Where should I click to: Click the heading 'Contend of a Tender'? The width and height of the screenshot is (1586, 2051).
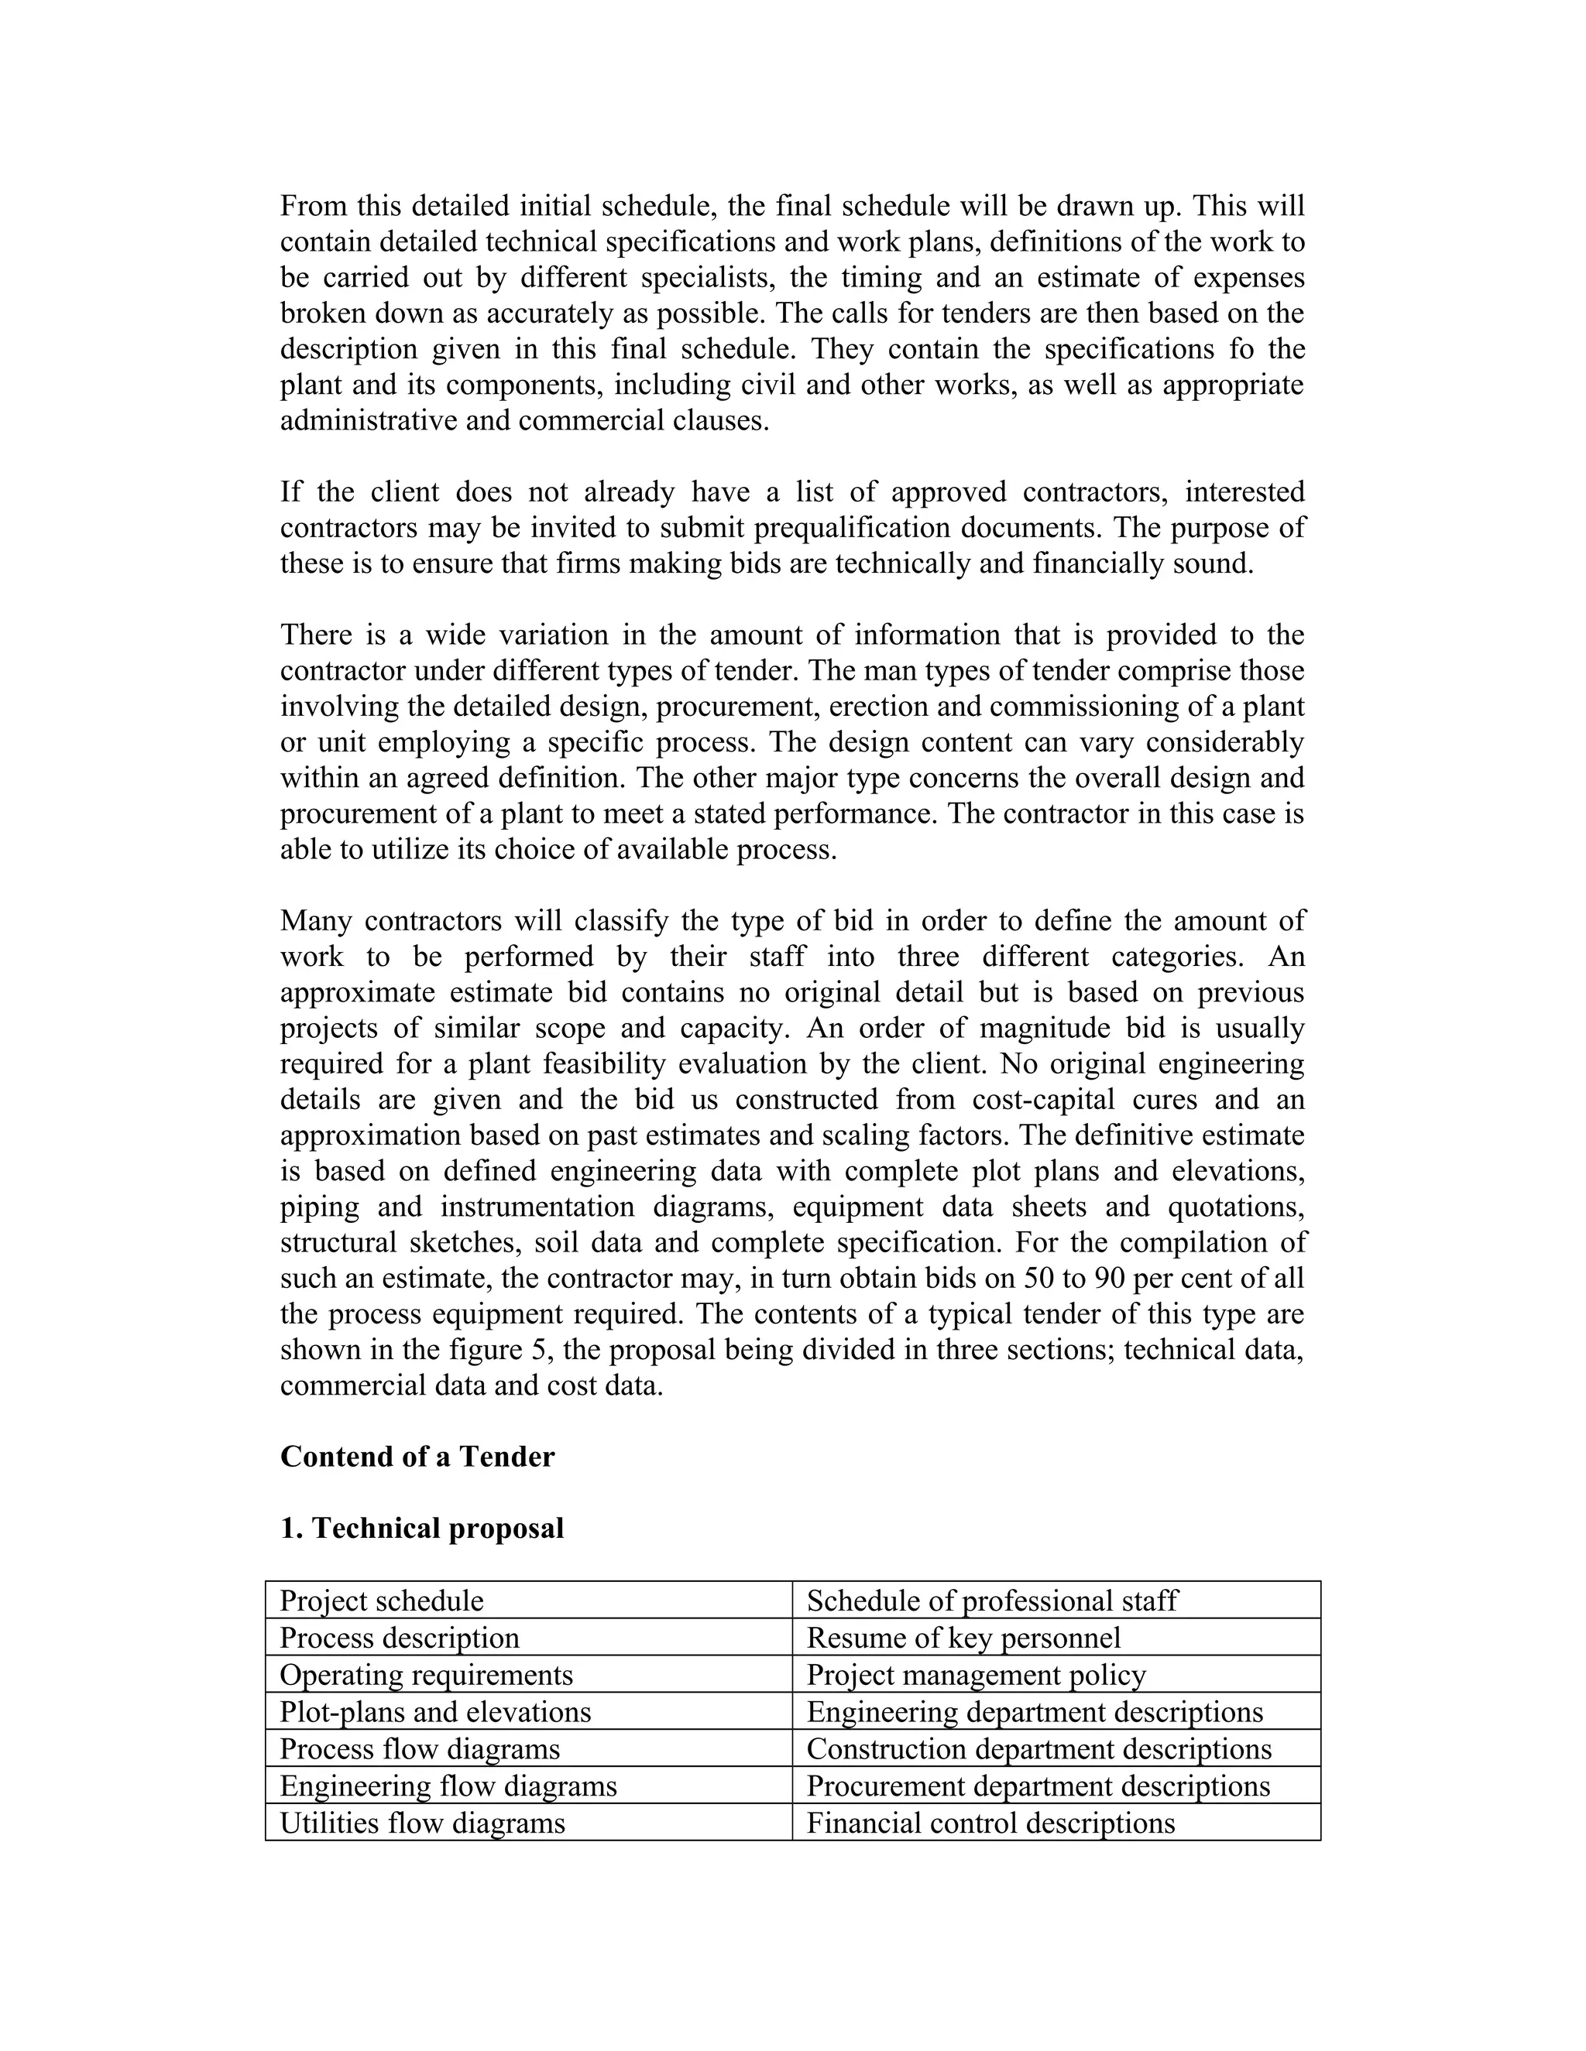click(x=417, y=1457)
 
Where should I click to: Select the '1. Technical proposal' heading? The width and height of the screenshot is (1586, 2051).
click(x=422, y=1528)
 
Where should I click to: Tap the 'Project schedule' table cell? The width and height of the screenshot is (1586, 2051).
click(x=382, y=1601)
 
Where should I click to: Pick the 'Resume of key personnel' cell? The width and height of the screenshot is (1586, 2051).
click(x=963, y=1638)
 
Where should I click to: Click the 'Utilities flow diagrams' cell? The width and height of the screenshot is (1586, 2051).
click(x=422, y=1823)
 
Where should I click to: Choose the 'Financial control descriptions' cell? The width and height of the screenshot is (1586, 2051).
click(x=990, y=1823)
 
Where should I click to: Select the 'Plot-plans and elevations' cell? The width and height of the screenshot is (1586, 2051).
click(x=435, y=1712)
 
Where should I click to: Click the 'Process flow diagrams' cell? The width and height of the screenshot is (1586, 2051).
click(x=419, y=1748)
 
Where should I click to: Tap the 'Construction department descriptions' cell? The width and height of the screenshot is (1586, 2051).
click(x=1038, y=1748)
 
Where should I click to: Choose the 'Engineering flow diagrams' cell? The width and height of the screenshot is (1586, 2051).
click(x=448, y=1786)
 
